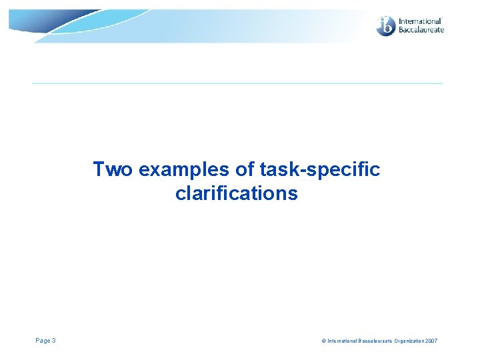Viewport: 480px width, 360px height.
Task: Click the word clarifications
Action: click(237, 194)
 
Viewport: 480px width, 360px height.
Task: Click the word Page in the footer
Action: click(43, 341)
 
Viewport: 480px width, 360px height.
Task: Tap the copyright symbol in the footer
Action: click(323, 341)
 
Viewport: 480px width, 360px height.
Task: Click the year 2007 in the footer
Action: click(431, 341)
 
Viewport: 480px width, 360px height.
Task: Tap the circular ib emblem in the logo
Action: click(386, 26)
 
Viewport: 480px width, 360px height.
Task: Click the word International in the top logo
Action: click(420, 21)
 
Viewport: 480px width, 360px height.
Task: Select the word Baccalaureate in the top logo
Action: click(421, 30)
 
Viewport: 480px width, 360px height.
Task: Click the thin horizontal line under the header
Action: click(237, 83)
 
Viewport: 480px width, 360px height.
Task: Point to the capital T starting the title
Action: click(99, 170)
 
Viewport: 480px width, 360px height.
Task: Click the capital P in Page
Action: click(37, 341)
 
